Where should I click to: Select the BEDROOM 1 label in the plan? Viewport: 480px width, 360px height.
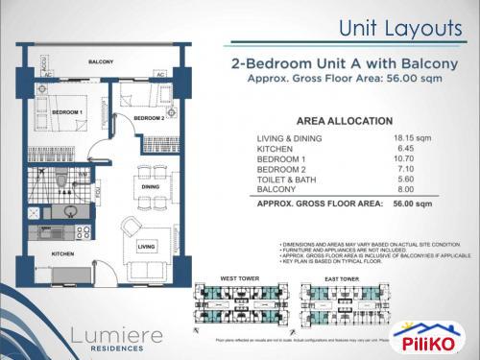68,113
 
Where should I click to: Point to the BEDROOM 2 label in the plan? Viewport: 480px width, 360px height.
149,118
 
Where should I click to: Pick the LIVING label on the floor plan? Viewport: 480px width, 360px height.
146,247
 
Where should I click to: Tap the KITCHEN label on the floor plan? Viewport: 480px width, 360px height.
63,253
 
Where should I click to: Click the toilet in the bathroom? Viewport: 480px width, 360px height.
61,180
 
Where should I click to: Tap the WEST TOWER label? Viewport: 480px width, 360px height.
241,279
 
